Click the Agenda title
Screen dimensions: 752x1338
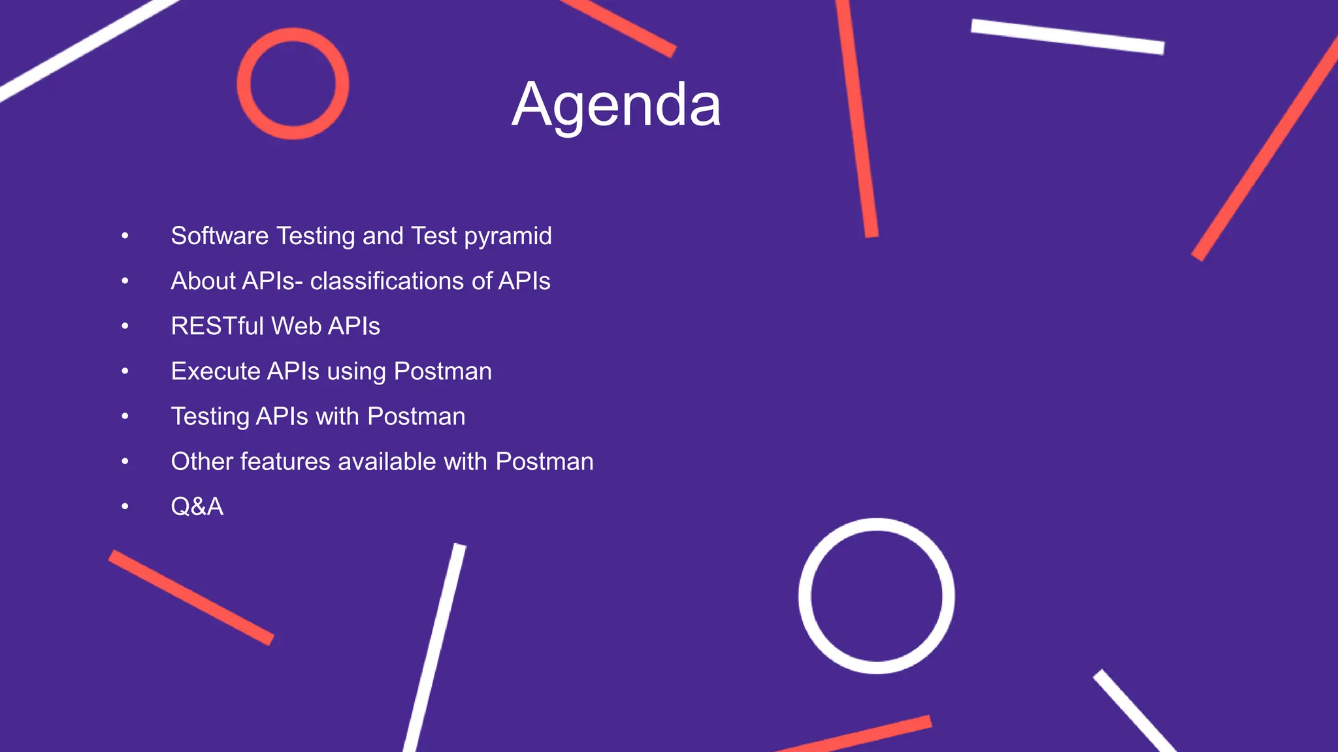pos(616,105)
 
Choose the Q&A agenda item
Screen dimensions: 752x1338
pos(197,507)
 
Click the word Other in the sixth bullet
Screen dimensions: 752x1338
pos(201,462)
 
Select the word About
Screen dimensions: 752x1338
pos(203,281)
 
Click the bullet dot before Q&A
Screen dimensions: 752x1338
pos(125,507)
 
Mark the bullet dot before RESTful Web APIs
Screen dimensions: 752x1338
pos(125,326)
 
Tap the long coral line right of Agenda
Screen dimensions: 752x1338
pos(857,117)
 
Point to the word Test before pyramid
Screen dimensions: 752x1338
pos(434,236)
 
